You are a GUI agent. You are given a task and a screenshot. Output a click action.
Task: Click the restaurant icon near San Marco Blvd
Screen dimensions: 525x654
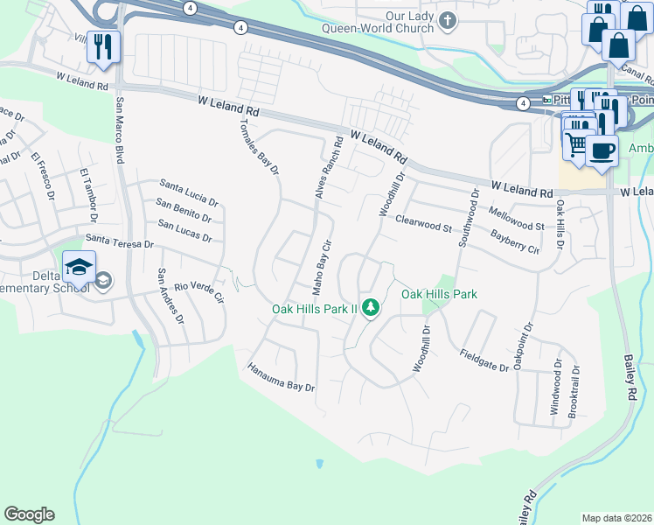[103, 45]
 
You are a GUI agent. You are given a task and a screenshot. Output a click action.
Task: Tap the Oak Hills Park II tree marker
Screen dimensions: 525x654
[371, 307]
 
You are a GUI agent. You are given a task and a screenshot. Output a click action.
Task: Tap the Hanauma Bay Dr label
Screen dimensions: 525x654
[281, 376]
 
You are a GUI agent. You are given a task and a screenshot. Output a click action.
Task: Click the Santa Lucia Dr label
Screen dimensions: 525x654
[189, 189]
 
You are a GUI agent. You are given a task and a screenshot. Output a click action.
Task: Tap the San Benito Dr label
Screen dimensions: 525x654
[184, 209]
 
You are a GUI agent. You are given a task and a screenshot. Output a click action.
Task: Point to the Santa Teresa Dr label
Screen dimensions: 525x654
[120, 241]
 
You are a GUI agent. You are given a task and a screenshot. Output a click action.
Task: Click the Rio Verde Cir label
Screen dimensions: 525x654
[200, 292]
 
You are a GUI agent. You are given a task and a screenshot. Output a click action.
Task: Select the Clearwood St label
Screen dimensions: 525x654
[422, 224]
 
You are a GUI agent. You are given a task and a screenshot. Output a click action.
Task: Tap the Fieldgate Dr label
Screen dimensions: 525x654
[484, 360]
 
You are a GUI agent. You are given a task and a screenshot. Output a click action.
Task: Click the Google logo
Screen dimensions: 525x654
[29, 514]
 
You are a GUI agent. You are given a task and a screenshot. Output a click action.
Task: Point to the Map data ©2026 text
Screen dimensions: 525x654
[616, 518]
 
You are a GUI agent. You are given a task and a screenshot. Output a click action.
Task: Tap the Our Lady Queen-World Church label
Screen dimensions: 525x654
[398, 22]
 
